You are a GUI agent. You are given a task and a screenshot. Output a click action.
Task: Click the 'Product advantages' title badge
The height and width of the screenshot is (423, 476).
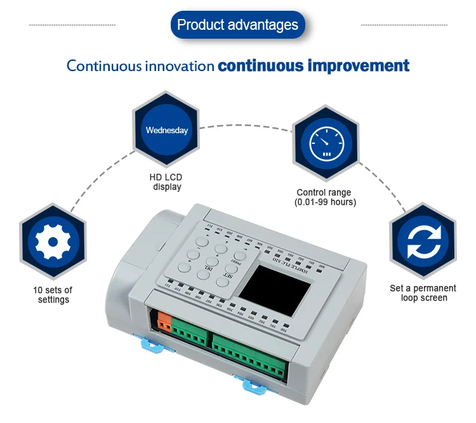[x=237, y=25]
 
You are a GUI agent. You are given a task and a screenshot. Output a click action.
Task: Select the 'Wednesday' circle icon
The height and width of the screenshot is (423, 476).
[x=167, y=130]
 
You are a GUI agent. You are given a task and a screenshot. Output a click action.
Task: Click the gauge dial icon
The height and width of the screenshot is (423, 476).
[x=325, y=144]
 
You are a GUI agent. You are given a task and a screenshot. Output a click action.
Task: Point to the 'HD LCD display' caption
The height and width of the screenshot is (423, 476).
[x=167, y=181]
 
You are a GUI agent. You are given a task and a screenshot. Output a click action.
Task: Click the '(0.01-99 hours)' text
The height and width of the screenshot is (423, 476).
[x=325, y=202]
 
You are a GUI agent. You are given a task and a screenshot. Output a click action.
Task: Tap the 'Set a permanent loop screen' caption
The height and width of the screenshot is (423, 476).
[x=423, y=293]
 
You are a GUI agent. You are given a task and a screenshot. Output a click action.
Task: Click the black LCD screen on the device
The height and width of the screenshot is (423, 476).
[x=279, y=289]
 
